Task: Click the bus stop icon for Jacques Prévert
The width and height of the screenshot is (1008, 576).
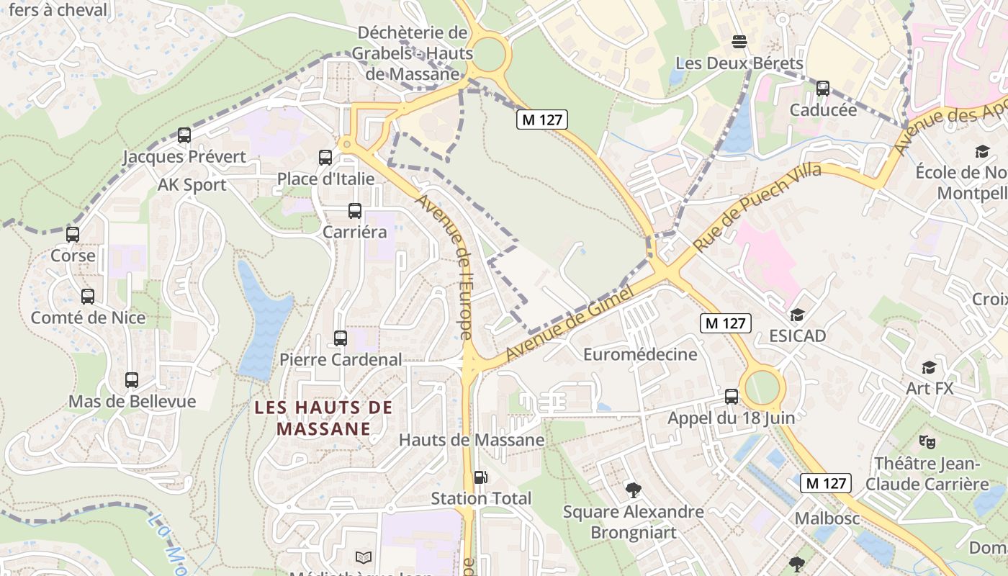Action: [x=184, y=135]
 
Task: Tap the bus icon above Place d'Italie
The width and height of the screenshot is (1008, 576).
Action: [x=325, y=157]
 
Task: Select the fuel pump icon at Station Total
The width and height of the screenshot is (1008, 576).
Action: [x=480, y=477]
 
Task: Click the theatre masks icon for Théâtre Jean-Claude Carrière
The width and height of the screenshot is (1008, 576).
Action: [x=927, y=441]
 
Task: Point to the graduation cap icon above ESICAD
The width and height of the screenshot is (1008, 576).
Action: [x=797, y=315]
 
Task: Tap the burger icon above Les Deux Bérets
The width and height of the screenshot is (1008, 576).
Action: [x=739, y=42]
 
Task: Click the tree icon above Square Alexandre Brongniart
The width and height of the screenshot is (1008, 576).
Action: [x=634, y=490]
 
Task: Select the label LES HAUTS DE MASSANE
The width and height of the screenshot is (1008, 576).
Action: [x=324, y=418]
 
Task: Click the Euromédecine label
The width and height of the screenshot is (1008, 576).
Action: [x=640, y=354]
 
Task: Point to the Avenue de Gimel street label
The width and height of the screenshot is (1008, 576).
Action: [x=569, y=323]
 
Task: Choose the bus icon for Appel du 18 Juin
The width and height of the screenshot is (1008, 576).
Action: [x=732, y=396]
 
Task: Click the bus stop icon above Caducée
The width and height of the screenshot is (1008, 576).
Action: [x=823, y=89]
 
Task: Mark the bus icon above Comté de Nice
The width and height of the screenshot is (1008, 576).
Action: [x=88, y=296]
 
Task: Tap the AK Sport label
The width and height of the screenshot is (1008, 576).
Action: [x=192, y=185]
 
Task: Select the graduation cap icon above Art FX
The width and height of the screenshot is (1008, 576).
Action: [x=929, y=367]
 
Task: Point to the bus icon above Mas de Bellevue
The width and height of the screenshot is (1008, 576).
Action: [x=132, y=379]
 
